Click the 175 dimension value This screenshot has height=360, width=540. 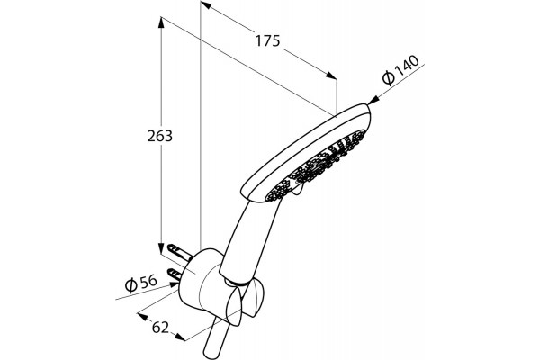click(267, 41)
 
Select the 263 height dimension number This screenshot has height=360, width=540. click(160, 137)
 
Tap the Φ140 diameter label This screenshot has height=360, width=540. click(400, 70)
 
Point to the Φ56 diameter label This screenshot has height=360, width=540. click(140, 283)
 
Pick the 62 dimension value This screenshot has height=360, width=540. click(160, 328)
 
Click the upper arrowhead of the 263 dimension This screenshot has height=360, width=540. click(161, 22)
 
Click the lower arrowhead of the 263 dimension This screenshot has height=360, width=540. click(161, 248)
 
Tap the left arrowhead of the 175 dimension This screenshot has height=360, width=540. click(205, 4)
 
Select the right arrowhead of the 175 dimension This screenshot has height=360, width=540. click(331, 76)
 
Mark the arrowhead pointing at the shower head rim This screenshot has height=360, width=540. click(373, 100)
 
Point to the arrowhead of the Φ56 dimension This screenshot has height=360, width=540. click(174, 285)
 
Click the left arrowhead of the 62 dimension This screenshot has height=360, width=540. click(143, 316)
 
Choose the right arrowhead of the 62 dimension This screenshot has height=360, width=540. click(180, 337)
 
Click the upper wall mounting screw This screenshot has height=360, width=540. click(179, 252)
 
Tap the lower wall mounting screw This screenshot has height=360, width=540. click(176, 274)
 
